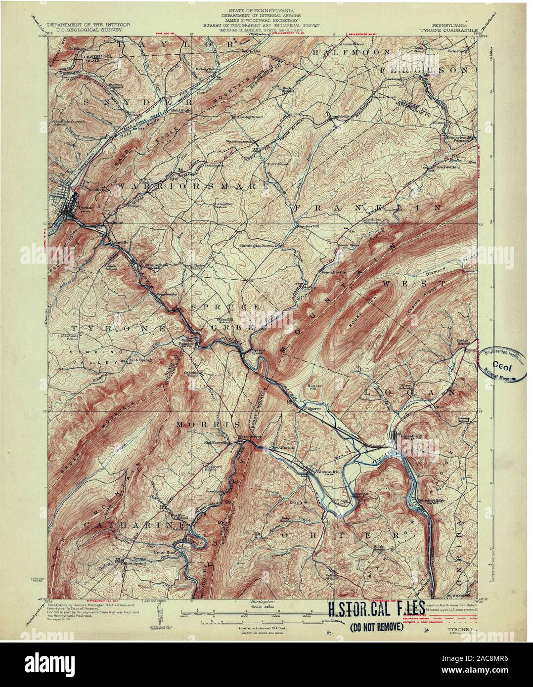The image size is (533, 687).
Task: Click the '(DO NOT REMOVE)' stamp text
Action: (x=376, y=628)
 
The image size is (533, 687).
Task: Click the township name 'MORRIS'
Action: (x=209, y=425)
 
